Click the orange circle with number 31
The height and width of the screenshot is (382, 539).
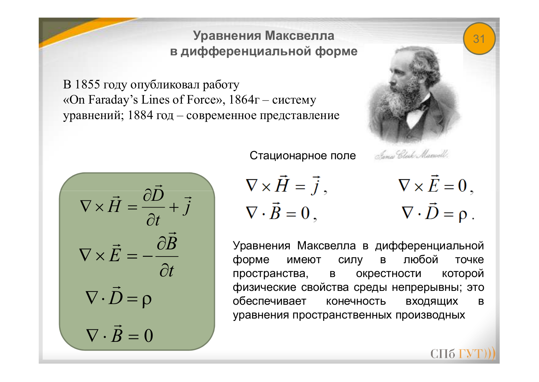pos(479,38)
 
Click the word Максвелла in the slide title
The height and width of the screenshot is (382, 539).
pos(299,36)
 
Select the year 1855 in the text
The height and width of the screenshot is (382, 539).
pos(87,84)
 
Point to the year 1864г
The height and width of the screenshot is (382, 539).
pos(244,100)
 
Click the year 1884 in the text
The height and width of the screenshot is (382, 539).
pos(140,115)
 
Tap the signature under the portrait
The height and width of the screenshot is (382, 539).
pos(411,155)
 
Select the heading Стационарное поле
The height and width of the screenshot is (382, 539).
pos(303,156)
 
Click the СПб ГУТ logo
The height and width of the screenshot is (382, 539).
pos(463,354)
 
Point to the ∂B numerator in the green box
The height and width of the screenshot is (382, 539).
pos(167,242)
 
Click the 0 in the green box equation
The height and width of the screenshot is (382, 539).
pos(149,335)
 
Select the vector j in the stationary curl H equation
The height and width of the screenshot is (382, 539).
pos(316,186)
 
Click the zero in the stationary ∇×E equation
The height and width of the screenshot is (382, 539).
pos(462,186)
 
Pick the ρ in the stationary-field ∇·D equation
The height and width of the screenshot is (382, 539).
pos(463,215)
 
